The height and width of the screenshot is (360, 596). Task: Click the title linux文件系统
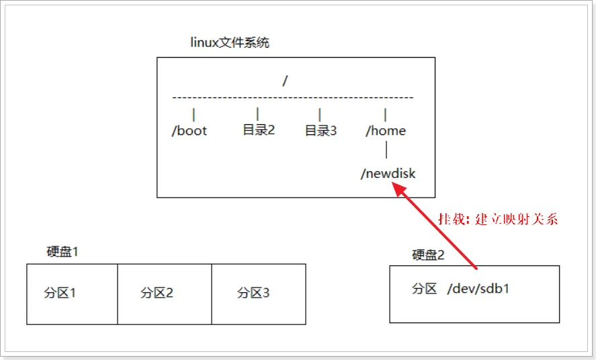[x=230, y=43]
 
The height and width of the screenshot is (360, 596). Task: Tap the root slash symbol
[x=286, y=81]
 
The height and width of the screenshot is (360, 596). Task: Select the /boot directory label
[x=189, y=131]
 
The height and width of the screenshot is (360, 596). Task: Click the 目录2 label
[x=259, y=130]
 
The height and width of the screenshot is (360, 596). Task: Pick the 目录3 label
[x=321, y=131]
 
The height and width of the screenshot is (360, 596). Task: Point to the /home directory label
[x=386, y=131]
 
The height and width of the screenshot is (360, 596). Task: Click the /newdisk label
[x=388, y=173]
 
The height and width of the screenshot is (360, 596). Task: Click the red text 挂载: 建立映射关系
[x=498, y=219]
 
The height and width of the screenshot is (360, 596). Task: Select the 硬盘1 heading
[x=62, y=252]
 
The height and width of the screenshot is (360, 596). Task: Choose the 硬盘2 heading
[x=428, y=255]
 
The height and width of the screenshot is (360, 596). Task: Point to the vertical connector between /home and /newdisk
[x=386, y=151]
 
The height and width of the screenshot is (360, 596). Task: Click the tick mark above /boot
[x=194, y=115]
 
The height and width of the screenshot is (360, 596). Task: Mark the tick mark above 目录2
[x=257, y=114]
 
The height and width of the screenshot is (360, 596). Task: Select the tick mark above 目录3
[x=320, y=115]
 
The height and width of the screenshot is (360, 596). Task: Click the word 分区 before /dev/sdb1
[x=425, y=289]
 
